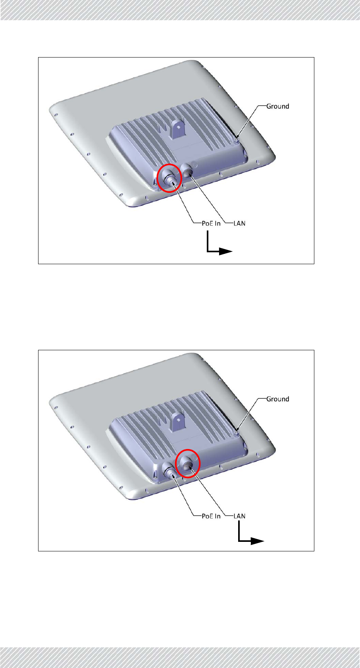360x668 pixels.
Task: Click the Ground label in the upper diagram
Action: [x=277, y=106]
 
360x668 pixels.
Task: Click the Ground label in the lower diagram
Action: [x=277, y=399]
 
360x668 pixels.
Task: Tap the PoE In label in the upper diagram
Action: [x=211, y=223]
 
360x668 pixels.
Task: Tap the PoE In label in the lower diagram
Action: [x=211, y=516]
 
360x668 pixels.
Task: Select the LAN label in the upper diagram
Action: [x=239, y=223]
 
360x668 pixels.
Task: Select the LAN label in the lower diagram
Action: [x=239, y=516]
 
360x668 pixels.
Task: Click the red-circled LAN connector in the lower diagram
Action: [x=189, y=463]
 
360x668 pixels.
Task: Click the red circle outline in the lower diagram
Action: [x=188, y=449]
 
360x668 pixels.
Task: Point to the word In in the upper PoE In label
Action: [x=217, y=223]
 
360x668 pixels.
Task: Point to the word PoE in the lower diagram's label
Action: [x=208, y=516]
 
